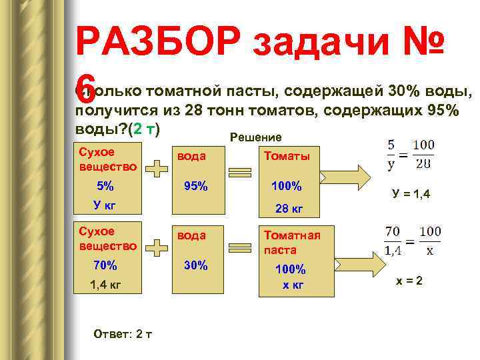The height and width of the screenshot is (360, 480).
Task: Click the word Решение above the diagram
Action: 255,137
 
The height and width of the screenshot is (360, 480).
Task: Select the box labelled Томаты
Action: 287,156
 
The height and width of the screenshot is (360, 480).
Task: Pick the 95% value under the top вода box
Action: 195,186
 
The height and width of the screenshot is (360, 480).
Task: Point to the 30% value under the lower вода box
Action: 195,265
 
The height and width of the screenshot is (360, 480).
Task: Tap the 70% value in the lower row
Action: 105,265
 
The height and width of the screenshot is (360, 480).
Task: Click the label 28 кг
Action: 289,209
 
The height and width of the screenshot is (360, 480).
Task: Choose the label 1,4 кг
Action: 105,285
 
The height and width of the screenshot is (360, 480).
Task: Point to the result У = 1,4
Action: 411,194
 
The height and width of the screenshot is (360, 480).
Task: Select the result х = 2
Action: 409,281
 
